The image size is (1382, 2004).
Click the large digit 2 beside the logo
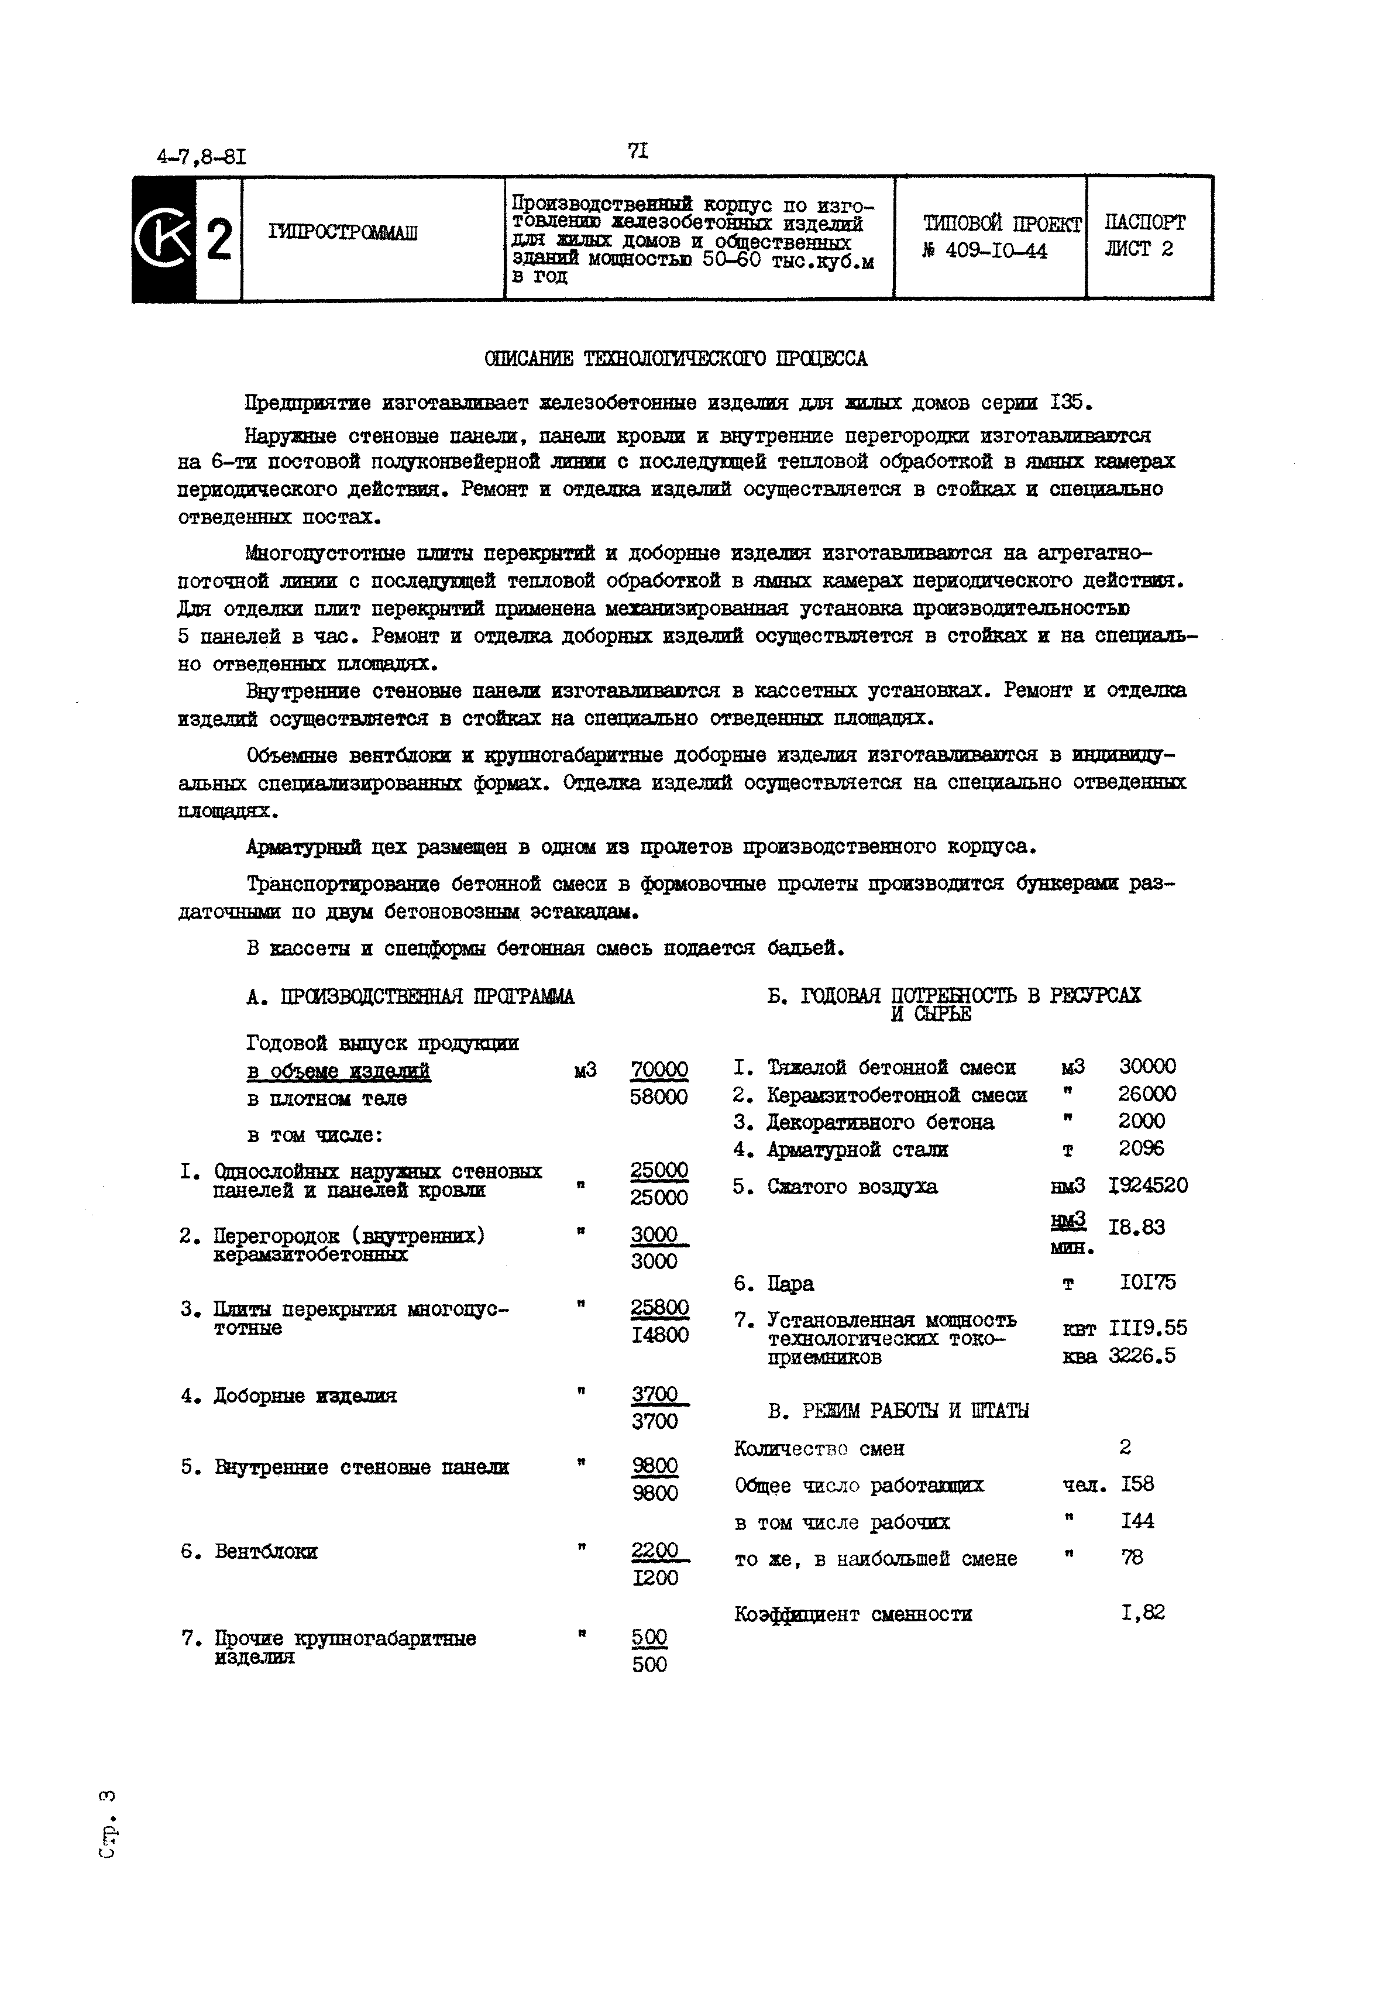(x=219, y=240)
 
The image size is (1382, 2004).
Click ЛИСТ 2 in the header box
(x=1139, y=249)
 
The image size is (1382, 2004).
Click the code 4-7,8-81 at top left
(x=201, y=157)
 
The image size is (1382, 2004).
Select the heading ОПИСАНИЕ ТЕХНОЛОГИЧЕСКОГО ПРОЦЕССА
(x=675, y=359)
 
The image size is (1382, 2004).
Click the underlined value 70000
(x=659, y=1070)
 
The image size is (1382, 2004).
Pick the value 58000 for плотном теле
(x=659, y=1097)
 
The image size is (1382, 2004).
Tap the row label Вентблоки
(x=266, y=1551)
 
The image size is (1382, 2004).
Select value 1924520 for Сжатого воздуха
(x=1148, y=1185)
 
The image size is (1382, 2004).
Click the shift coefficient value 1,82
(x=1142, y=1613)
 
